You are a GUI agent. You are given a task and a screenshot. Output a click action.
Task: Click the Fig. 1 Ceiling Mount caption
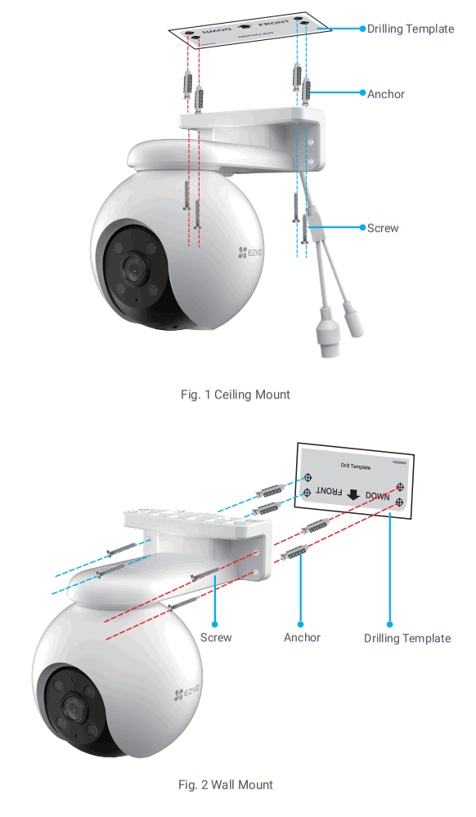[235, 395]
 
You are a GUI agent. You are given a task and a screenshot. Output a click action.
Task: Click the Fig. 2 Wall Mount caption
[226, 785]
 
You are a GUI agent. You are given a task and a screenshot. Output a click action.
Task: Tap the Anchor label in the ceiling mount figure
[385, 94]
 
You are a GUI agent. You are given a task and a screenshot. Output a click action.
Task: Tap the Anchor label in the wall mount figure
[302, 637]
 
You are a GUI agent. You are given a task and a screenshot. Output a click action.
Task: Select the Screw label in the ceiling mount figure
[383, 228]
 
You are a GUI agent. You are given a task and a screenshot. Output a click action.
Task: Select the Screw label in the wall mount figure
[216, 637]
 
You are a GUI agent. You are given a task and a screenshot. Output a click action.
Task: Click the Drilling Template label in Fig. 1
[410, 29]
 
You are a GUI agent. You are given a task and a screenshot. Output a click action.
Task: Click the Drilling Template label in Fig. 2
[406, 638]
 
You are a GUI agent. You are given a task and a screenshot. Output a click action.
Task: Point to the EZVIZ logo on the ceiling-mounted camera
[252, 254]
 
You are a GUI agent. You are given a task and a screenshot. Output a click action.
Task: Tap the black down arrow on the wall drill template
[353, 494]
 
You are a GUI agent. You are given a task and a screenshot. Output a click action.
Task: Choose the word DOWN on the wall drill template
[378, 495]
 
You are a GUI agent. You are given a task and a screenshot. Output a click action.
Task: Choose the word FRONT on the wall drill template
[327, 492]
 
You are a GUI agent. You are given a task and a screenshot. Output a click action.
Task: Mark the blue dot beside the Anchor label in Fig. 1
[362, 94]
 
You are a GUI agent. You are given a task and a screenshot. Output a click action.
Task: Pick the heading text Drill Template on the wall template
[356, 467]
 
